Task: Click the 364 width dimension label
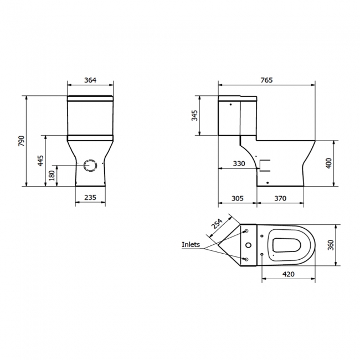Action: pos(90,80)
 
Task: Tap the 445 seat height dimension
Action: pos(40,161)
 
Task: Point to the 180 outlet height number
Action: pos(52,176)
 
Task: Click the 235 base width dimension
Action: pos(90,198)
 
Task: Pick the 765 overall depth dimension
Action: pos(266,80)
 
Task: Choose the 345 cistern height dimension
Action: pos(194,116)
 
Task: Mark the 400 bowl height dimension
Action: pos(328,163)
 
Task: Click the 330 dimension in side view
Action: pos(238,163)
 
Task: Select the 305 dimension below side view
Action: pos(237,198)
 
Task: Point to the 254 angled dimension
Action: pos(217,223)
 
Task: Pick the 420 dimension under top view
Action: pos(288,274)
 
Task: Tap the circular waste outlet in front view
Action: pos(90,165)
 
